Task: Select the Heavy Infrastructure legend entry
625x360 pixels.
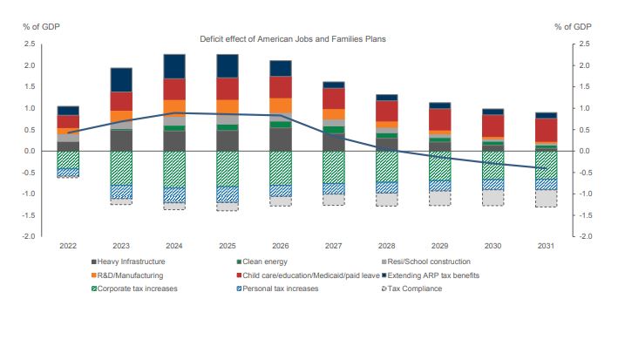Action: coord(132,262)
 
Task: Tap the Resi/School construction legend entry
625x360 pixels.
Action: coord(428,262)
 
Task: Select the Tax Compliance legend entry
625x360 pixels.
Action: coord(415,288)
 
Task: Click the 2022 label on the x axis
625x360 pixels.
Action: coord(68,247)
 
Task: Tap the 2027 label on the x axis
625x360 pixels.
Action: coord(335,247)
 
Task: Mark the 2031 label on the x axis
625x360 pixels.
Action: coord(547,247)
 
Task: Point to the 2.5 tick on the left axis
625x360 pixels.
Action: coord(30,44)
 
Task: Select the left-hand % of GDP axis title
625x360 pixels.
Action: coord(35,27)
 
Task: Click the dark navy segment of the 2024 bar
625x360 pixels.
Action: coord(174,66)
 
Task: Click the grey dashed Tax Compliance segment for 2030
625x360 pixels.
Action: coord(493,198)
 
